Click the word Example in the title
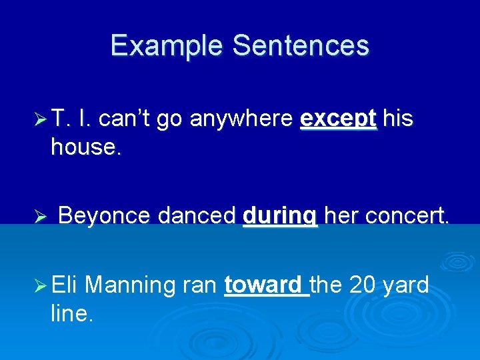coord(167,45)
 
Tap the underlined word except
coord(339,119)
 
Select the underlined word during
coord(281,217)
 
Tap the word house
coord(86,147)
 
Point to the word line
coord(71,314)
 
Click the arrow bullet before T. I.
coord(41,119)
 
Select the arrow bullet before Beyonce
coord(41,217)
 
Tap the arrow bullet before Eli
coord(41,287)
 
